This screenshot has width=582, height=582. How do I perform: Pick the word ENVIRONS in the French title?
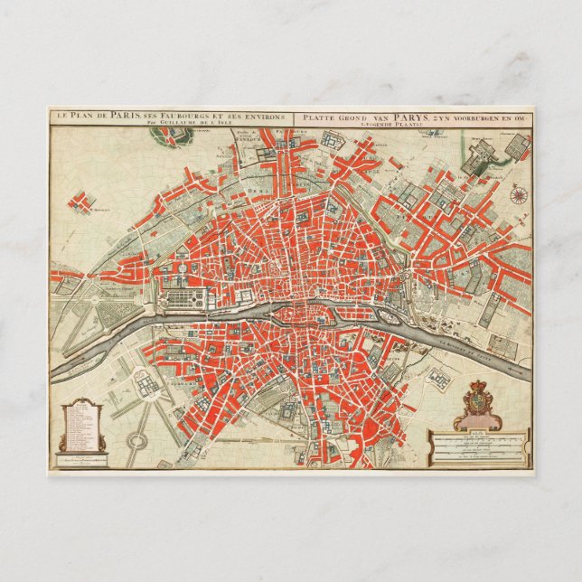pos(263,116)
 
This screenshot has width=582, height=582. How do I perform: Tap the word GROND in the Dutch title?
pos(347,116)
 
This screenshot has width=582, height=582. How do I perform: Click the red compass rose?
pos(519,192)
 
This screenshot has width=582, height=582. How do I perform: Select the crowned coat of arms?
pos(476,402)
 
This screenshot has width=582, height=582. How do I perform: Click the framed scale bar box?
pos(479,447)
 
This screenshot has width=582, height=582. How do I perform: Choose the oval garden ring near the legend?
pos(136,442)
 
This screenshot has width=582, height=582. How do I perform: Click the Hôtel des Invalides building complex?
pos(144,380)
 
